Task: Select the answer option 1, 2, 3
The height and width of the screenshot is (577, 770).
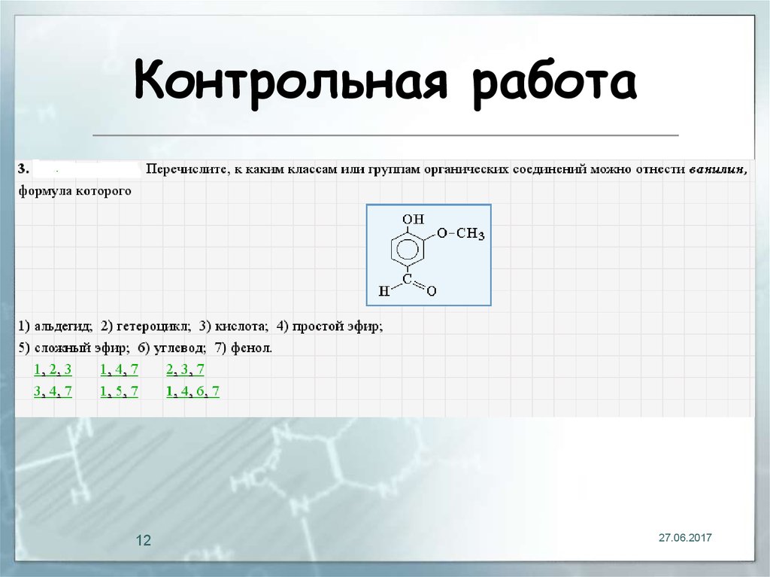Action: point(53,369)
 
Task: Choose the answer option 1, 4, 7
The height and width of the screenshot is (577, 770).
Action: point(119,369)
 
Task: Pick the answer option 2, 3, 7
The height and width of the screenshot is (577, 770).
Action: point(185,369)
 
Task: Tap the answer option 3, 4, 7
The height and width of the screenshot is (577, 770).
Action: point(53,391)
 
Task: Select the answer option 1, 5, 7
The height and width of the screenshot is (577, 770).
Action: point(119,391)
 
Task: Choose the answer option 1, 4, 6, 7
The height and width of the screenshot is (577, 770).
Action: point(192,391)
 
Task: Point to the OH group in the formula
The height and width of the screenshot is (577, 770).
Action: point(413,219)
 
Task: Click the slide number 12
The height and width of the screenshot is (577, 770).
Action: point(144,541)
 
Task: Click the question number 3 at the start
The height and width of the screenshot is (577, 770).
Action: point(23,170)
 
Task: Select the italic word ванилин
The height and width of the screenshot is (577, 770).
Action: point(718,170)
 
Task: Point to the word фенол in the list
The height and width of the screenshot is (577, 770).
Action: point(254,348)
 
